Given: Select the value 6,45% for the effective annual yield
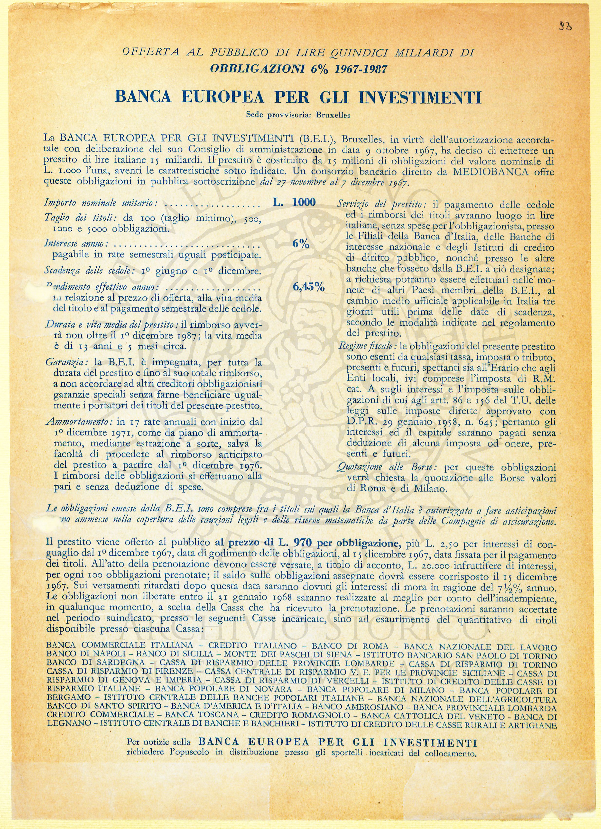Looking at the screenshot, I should [x=309, y=287].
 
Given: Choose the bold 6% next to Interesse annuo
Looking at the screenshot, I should [x=301, y=245].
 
